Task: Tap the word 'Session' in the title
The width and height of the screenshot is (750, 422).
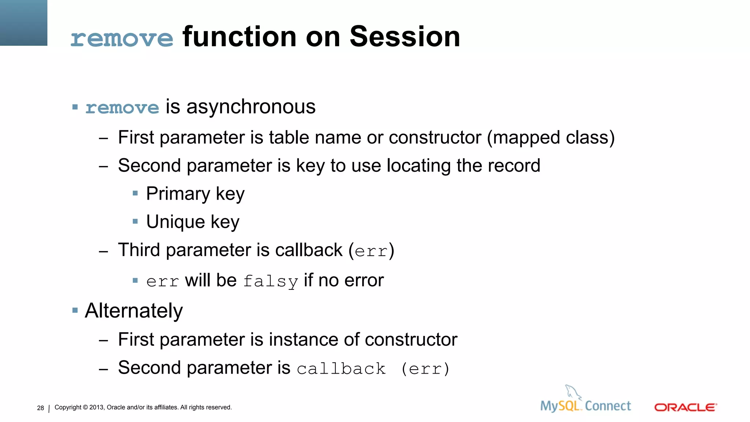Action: click(x=405, y=37)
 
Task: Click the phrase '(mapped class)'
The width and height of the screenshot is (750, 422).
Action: click(x=551, y=138)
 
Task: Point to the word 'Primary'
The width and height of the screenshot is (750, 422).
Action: click(x=178, y=194)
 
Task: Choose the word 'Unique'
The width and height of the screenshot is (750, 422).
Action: click(x=175, y=222)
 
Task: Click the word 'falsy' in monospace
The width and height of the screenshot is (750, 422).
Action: click(x=270, y=281)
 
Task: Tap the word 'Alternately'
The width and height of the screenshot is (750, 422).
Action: click(x=134, y=311)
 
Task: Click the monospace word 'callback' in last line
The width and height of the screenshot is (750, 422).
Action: click(x=341, y=369)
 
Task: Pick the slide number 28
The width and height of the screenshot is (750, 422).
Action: click(x=40, y=408)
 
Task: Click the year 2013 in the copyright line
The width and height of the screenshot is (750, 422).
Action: click(x=97, y=407)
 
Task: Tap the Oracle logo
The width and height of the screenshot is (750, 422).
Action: click(x=685, y=407)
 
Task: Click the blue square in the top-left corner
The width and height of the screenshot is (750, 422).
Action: click(x=23, y=23)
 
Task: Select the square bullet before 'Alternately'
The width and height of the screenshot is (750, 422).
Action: click(x=75, y=311)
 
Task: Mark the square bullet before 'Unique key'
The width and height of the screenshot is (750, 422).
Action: click(x=135, y=221)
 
